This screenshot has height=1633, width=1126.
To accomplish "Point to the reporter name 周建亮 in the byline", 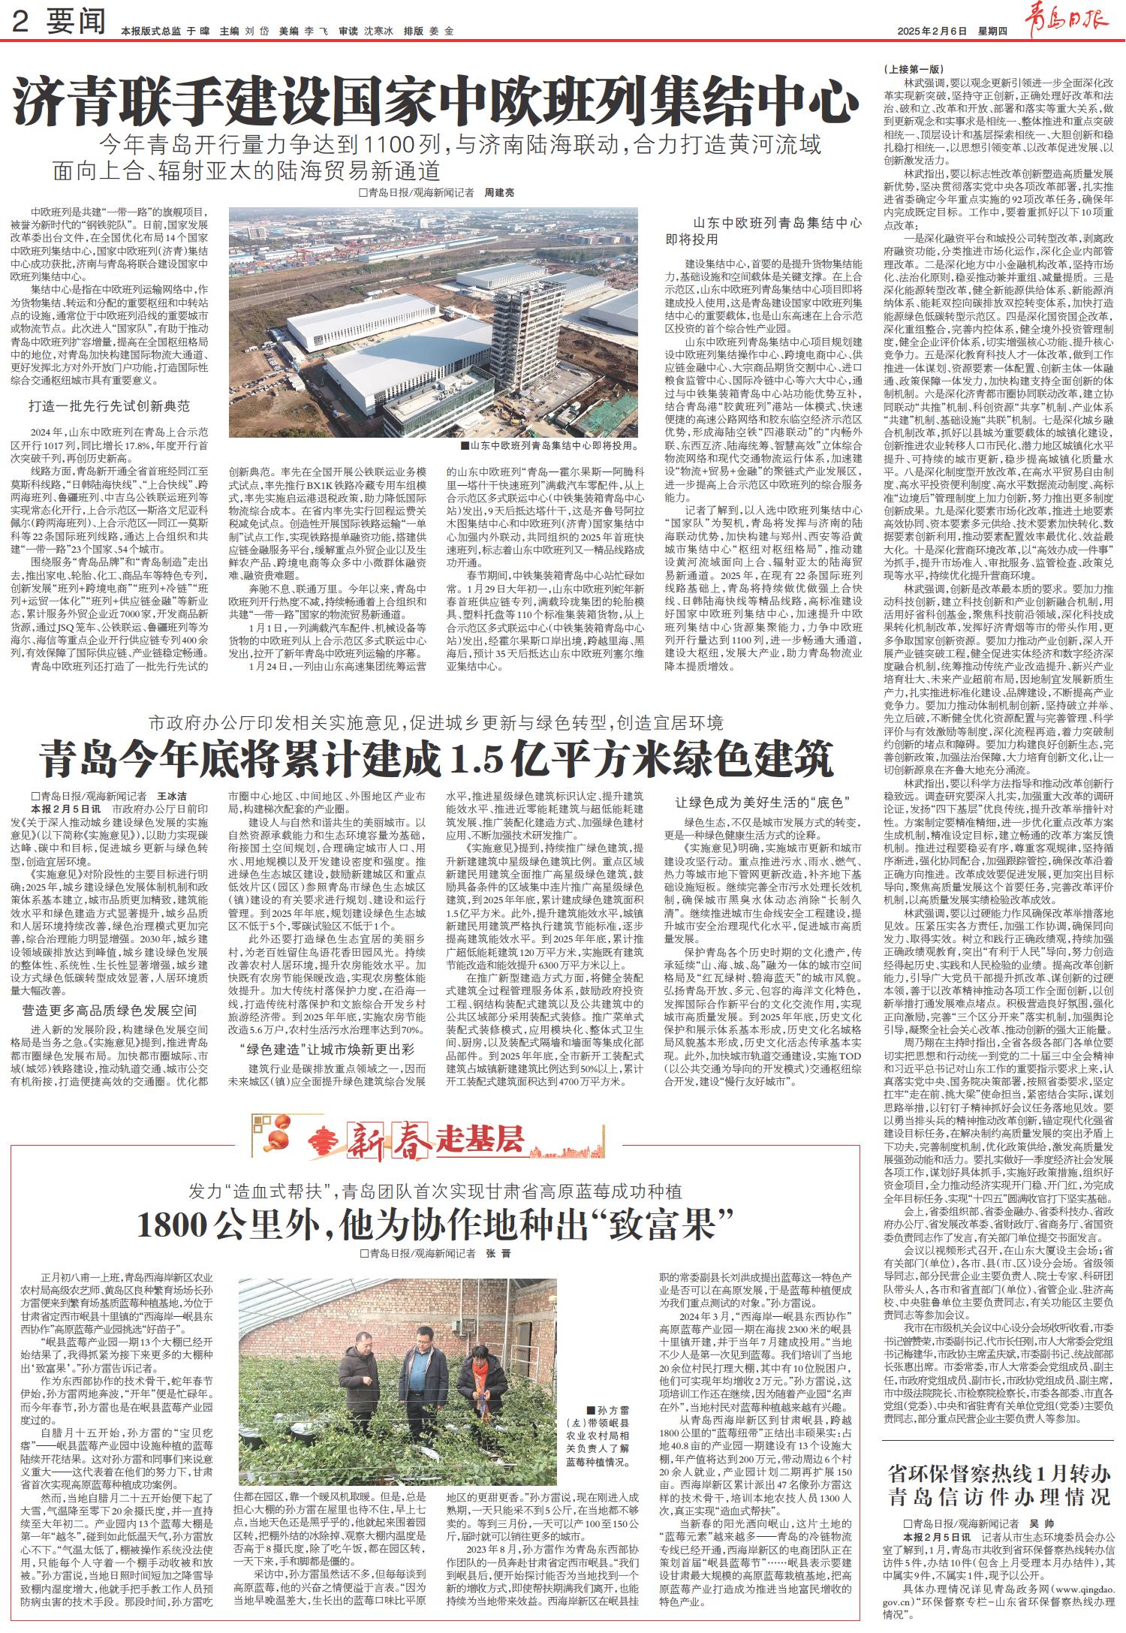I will pos(499,193).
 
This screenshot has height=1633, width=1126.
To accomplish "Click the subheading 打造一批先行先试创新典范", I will pos(109,406).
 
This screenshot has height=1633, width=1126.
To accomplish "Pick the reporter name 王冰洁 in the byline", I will pos(171,796).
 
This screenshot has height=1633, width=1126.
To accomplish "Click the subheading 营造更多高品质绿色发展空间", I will pos(109,1010).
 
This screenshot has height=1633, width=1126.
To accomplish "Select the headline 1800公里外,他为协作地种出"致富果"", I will pos(435,1225).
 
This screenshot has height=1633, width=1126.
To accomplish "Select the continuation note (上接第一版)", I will pos(910,69).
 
